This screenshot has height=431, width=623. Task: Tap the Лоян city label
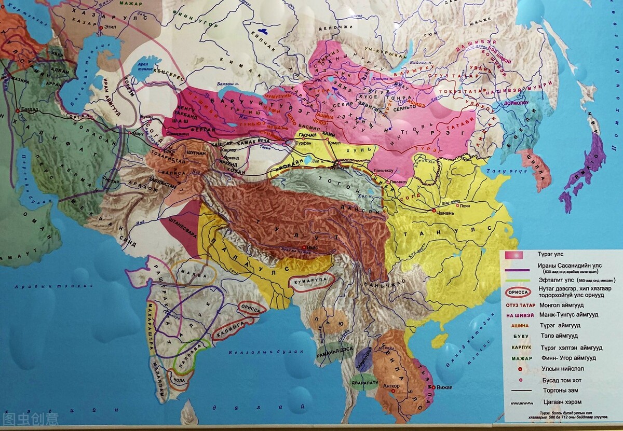465,205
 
